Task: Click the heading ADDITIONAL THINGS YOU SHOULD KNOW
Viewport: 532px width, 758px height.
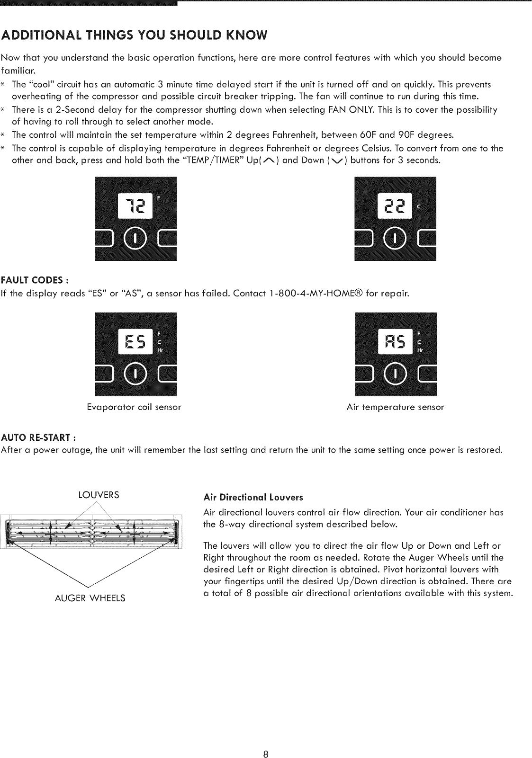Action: pyautogui.click(x=135, y=35)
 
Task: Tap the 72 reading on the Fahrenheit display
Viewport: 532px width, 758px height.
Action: pyautogui.click(x=135, y=206)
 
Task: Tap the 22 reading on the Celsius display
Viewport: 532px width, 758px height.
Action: pyautogui.click(x=395, y=206)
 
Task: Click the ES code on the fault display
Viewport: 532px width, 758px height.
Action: pyautogui.click(x=135, y=341)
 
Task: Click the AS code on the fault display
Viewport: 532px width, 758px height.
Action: pyautogui.click(x=395, y=341)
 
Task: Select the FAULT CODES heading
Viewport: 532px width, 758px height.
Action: pyautogui.click(x=35, y=279)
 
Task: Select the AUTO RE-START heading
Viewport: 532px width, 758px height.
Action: pyautogui.click(x=39, y=436)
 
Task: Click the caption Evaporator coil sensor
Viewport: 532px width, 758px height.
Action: pyautogui.click(x=134, y=407)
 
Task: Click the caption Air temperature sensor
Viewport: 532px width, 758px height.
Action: pyautogui.click(x=395, y=407)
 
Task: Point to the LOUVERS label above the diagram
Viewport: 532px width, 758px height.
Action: pyautogui.click(x=99, y=495)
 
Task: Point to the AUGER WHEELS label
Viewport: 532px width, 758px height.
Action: pyautogui.click(x=90, y=598)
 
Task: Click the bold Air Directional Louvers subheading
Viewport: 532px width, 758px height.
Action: pyautogui.click(x=253, y=498)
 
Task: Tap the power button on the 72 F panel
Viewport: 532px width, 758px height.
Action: pyautogui.click(x=135, y=238)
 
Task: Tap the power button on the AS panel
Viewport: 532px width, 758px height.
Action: pyautogui.click(x=395, y=374)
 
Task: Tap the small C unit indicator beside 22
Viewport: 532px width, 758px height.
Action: pyautogui.click(x=418, y=206)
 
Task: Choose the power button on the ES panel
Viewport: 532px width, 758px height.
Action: pyautogui.click(x=135, y=374)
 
